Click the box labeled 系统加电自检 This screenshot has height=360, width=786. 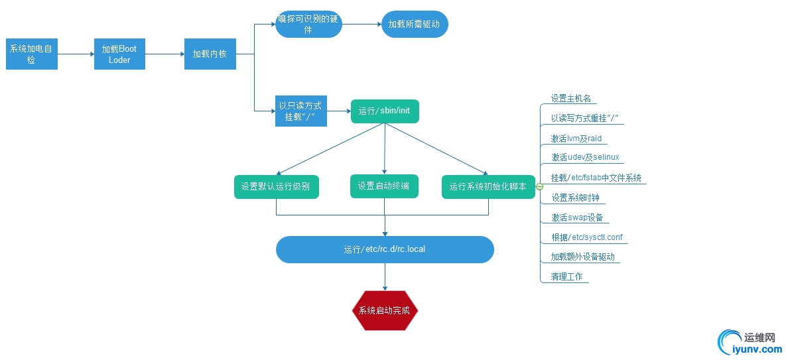32,54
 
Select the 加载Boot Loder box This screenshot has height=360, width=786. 119,54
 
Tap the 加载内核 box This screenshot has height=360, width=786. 210,54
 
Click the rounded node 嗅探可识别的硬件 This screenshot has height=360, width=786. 308,25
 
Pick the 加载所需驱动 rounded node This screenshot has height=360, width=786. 415,25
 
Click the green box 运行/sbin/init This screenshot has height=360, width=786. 385,111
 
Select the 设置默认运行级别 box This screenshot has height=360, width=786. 276,186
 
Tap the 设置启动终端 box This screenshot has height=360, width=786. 385,186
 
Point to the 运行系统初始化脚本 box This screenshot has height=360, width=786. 488,186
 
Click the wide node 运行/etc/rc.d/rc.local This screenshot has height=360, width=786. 385,249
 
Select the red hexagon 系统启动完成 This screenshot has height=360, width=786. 385,310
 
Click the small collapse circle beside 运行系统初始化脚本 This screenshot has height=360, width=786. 539,187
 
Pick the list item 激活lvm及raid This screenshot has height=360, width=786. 576,139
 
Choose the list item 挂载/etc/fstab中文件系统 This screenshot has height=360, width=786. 596,178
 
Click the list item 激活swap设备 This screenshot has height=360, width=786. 576,217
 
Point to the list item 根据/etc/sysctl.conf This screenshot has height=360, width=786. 586,237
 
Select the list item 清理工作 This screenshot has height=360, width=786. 566,276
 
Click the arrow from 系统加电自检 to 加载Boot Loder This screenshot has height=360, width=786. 76,54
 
